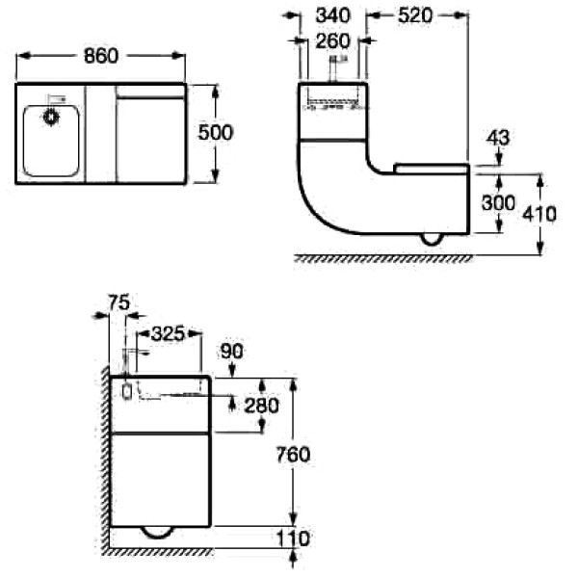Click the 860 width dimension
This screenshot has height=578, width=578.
99,56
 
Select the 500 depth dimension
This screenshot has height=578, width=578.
215,133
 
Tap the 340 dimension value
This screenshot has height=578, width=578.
332,16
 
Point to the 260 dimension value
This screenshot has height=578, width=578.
332,40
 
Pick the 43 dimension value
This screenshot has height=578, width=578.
499,138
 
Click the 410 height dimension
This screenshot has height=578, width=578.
539,214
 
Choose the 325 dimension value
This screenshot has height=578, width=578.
168,333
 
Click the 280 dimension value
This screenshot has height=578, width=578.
261,406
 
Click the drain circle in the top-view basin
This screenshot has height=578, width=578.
50,118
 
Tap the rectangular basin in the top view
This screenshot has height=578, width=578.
51,140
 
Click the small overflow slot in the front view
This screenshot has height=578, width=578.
126,392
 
